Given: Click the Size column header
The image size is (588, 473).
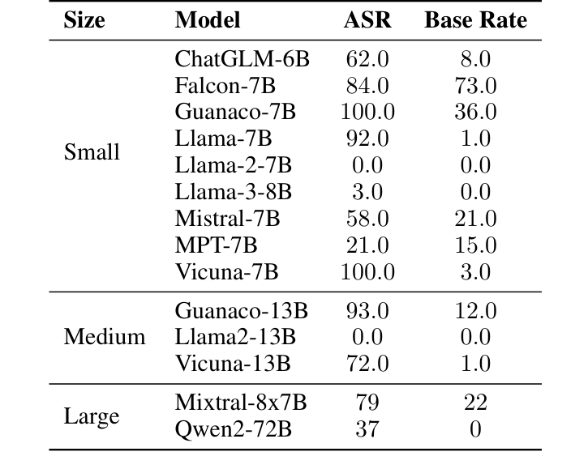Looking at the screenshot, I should click(84, 20).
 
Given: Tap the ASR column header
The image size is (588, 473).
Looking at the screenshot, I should click(367, 20).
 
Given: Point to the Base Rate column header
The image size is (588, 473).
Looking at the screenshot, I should click(475, 20).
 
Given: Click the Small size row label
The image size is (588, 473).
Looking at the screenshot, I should click(91, 152).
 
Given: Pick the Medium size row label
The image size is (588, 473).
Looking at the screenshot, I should click(105, 336).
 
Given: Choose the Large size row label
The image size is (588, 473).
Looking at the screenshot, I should click(92, 416).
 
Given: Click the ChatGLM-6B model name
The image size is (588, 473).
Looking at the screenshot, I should click(242, 59).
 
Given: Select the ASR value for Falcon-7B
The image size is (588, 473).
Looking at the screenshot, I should click(367, 86).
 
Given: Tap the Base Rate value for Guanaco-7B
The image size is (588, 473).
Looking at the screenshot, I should click(475, 112).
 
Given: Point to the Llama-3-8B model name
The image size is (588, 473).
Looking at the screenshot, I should click(233, 192).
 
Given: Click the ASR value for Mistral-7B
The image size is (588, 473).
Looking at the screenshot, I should click(367, 219).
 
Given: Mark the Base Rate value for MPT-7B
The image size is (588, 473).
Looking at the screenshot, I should click(475, 245).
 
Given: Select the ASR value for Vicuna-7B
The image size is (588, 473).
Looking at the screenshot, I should click(367, 271).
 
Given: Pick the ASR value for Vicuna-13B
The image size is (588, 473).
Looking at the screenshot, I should click(367, 363).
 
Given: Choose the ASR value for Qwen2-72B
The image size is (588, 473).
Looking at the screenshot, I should click(367, 429).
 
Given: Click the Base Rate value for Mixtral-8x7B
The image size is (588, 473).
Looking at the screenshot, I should click(475, 403).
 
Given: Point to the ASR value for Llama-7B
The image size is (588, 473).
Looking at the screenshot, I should click(367, 138).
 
